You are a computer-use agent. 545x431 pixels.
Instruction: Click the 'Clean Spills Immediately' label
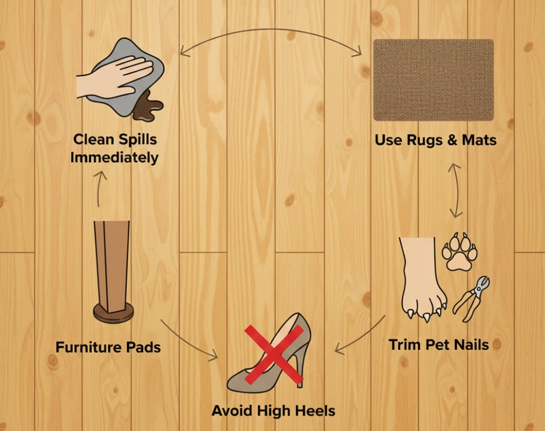tap(115, 147)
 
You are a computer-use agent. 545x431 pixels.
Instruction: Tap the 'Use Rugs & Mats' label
tap(435, 140)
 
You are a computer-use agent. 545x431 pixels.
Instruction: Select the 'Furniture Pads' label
tap(108, 347)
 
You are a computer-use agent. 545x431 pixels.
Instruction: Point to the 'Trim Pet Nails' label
tap(439, 345)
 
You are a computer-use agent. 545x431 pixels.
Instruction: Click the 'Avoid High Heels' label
tap(274, 411)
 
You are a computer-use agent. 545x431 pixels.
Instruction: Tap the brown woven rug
tap(433, 80)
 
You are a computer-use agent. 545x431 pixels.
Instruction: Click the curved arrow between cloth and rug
tap(270, 31)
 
